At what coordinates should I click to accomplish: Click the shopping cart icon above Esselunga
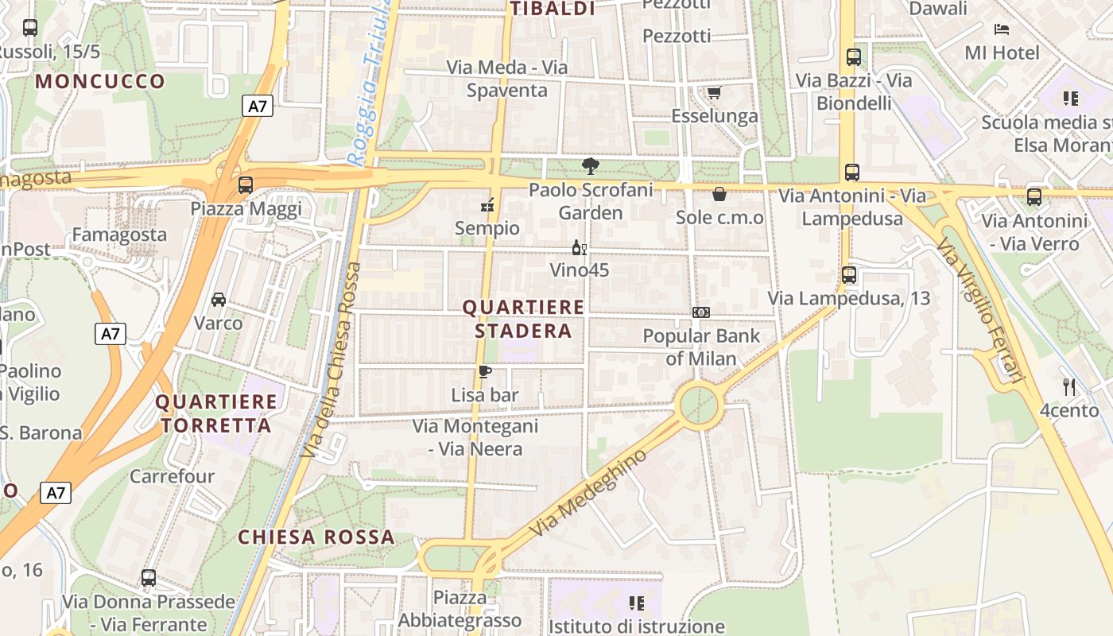point(714,93)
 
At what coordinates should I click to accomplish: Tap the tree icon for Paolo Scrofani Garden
point(590,166)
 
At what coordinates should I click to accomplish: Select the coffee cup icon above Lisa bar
point(484,371)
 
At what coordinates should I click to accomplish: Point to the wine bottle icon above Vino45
point(580,248)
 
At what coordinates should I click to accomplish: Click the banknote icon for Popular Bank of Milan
point(700,312)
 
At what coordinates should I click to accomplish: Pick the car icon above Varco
point(218,300)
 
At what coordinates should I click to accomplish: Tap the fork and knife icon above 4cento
point(1069,387)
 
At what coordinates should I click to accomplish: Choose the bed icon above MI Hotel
point(1002,29)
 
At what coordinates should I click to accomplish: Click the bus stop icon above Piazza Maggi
point(246,185)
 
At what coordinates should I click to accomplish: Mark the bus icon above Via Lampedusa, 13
point(849,275)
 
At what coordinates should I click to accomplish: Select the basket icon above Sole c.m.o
point(719,194)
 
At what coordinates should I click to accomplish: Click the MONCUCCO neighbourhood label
point(100,81)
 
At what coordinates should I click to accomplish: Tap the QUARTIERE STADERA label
point(523,319)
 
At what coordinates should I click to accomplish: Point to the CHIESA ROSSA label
point(316,537)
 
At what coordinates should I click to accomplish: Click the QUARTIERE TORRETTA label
point(215,413)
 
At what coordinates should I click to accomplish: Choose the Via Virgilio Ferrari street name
point(979,310)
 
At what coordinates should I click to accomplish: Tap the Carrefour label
point(172,476)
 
